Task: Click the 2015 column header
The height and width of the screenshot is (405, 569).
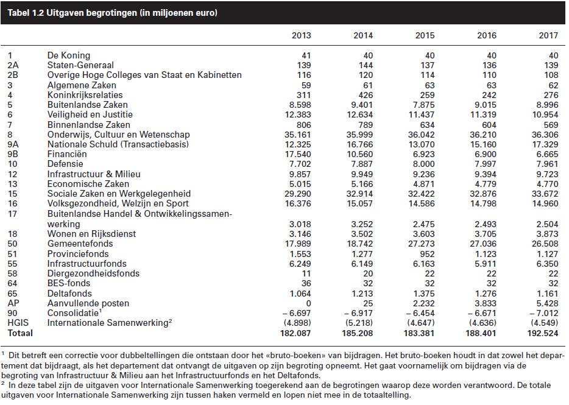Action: (x=425, y=35)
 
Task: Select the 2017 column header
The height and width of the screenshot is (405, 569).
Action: (x=548, y=35)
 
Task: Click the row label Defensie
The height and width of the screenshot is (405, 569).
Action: (x=65, y=164)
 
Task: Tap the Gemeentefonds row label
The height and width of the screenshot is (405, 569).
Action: (x=80, y=244)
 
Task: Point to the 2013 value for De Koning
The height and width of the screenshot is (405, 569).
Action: (x=306, y=55)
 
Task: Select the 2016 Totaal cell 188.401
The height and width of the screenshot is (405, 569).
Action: (x=481, y=333)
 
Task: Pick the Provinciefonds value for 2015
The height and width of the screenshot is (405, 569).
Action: (x=427, y=254)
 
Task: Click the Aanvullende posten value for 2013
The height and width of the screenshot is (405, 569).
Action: (x=308, y=303)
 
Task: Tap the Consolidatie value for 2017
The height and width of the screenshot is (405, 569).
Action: (x=543, y=313)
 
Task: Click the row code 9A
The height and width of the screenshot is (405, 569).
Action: (x=13, y=144)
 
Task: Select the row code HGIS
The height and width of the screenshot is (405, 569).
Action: (x=18, y=323)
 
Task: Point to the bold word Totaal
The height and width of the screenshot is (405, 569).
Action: (x=20, y=333)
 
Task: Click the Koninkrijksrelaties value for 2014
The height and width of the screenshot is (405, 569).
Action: (x=366, y=95)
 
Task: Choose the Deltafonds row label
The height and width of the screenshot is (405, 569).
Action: (x=69, y=293)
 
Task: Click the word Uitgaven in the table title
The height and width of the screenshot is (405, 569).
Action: (x=63, y=13)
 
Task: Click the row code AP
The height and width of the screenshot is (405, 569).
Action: (x=13, y=303)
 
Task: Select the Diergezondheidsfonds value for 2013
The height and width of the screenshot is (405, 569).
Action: (x=306, y=273)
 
